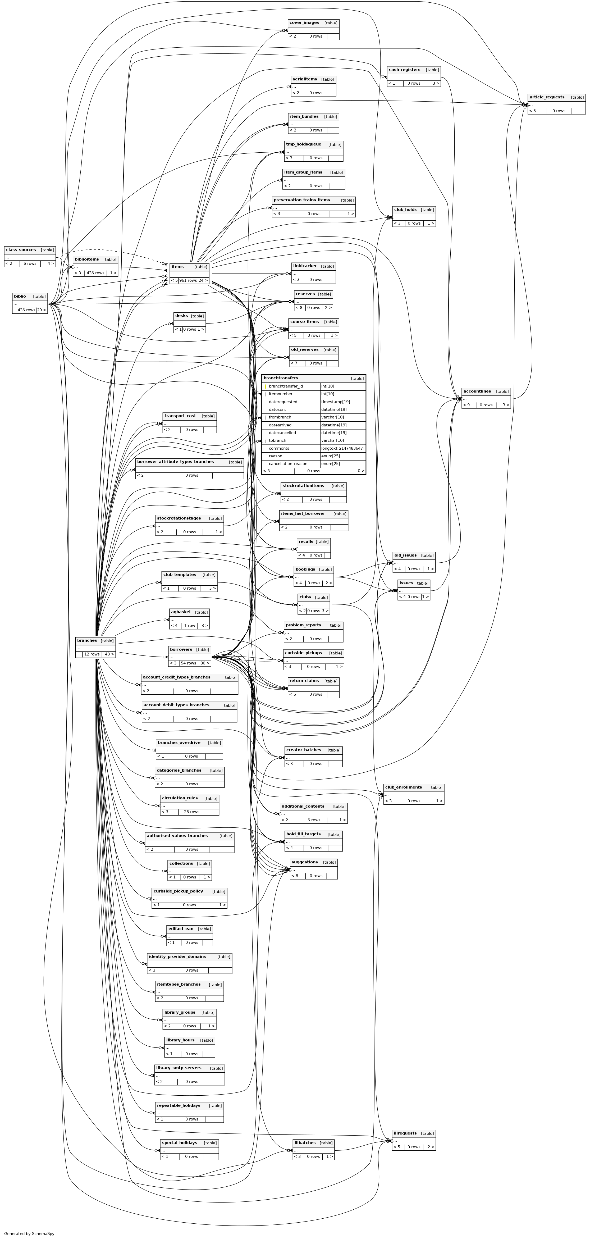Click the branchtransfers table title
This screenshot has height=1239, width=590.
281,378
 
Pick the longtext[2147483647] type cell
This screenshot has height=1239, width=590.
342,448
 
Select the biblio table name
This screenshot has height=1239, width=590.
20,296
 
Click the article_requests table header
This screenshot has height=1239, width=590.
547,97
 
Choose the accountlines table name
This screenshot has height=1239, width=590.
477,391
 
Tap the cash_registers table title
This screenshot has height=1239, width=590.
404,70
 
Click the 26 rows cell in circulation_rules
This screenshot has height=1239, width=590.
191,812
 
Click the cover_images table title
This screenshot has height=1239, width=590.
304,22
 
